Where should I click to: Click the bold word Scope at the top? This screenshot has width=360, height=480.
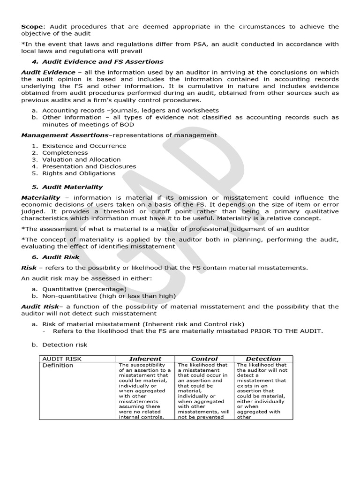pyautogui.click(x=30, y=27)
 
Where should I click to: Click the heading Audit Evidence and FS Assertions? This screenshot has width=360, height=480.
pyautogui.click(x=103, y=61)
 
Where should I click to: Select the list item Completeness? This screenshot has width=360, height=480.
pyautogui.click(x=65, y=152)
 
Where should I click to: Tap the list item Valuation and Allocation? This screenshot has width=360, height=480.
pyautogui.click(x=81, y=159)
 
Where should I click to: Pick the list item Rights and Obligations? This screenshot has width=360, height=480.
pyautogui.click(x=79, y=173)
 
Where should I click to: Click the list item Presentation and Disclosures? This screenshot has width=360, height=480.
pyautogui.click(x=89, y=166)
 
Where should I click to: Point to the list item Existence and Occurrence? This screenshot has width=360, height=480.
pyautogui.click(x=84, y=146)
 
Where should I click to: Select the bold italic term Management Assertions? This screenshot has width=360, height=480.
pyautogui.click(x=65, y=135)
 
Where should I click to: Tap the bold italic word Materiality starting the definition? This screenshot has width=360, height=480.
pyautogui.click(x=41, y=197)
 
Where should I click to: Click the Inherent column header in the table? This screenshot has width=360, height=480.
pyautogui.click(x=145, y=359)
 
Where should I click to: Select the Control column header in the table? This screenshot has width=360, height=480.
pyautogui.click(x=204, y=359)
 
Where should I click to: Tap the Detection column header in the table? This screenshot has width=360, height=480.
pyautogui.click(x=263, y=359)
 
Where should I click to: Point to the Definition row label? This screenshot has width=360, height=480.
pyautogui.click(x=58, y=365)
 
